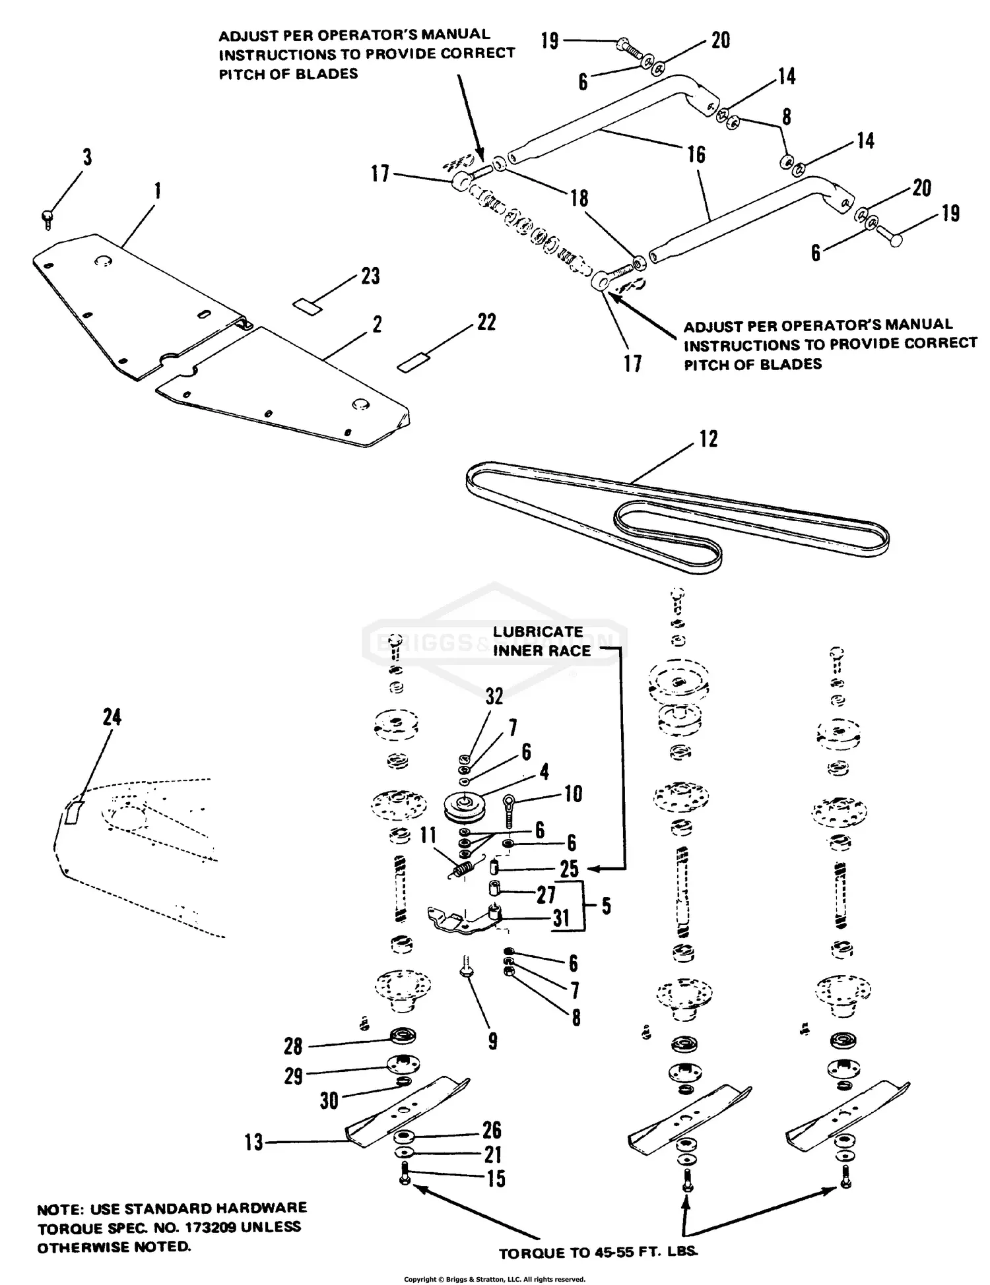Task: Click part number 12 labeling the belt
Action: point(708,439)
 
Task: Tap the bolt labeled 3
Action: point(47,218)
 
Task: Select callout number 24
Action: point(112,717)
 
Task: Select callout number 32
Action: point(494,697)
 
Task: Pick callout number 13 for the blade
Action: point(254,1143)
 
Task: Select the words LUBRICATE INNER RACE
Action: point(541,641)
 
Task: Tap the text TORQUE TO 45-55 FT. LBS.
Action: point(598,1253)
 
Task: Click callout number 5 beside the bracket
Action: point(605,906)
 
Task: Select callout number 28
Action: point(293,1046)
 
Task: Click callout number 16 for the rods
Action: point(696,155)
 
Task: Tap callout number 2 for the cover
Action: point(377,325)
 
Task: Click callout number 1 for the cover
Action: point(157,191)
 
